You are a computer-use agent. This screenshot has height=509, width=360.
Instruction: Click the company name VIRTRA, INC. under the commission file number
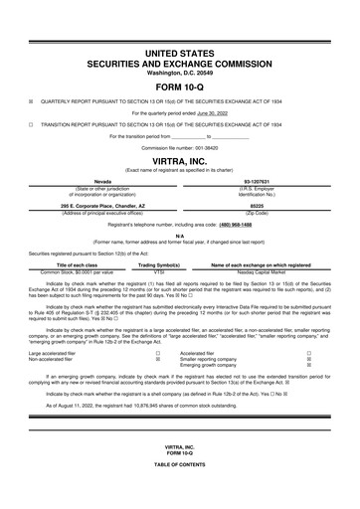point(179,159)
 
